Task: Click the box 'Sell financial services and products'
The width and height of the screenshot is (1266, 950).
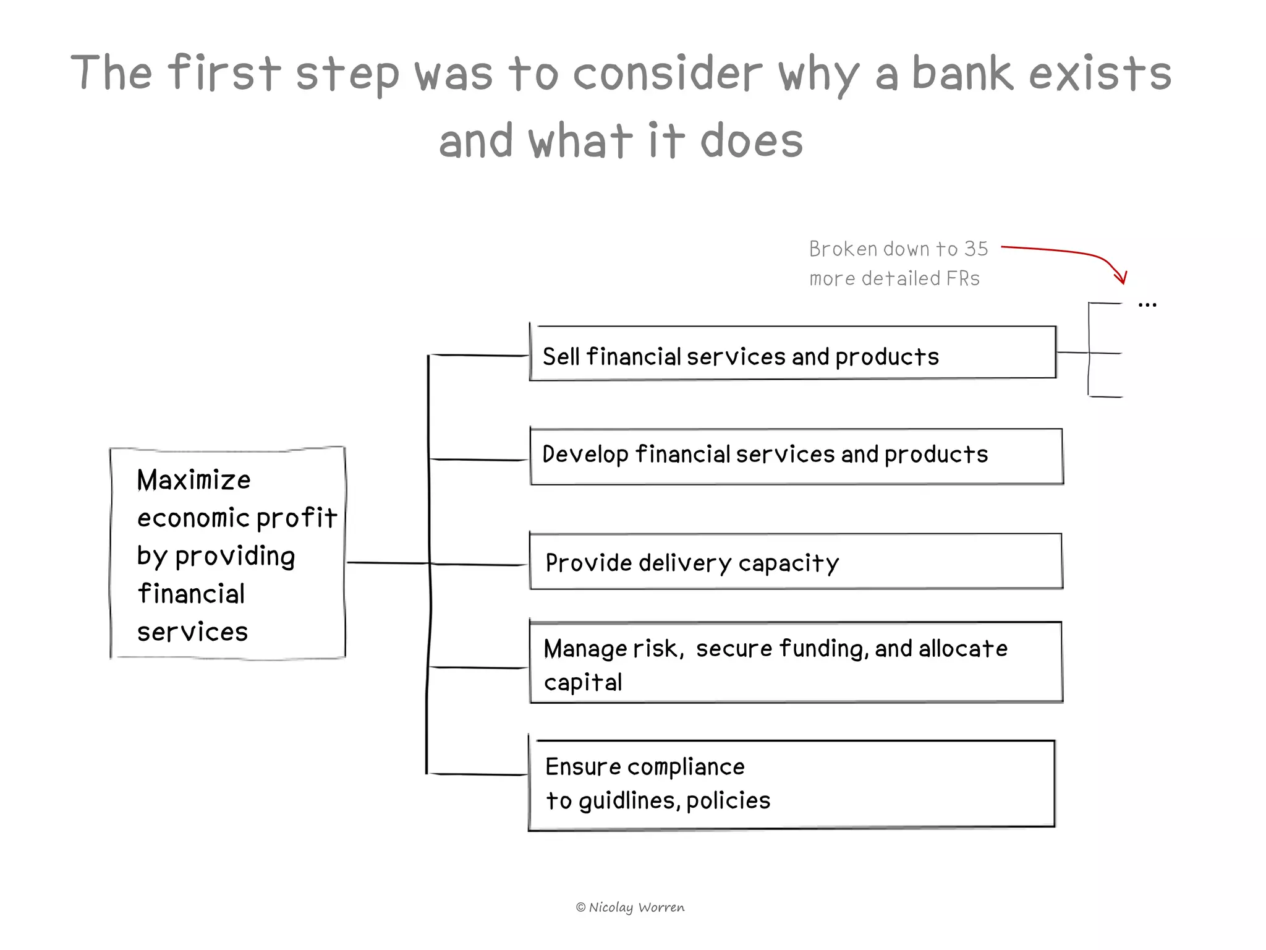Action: (792, 353)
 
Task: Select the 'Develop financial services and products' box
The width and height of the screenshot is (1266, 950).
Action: (796, 456)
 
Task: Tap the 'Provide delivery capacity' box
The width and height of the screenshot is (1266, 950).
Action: (796, 562)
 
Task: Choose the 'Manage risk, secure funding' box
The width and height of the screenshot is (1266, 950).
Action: (796, 662)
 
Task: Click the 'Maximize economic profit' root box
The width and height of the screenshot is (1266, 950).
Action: (227, 554)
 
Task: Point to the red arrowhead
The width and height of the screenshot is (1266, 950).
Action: (1122, 278)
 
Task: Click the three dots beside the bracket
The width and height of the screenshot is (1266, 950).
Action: (1147, 305)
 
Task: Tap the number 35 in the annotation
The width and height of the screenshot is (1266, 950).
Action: (976, 249)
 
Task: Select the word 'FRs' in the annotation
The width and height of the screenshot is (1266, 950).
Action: (962, 279)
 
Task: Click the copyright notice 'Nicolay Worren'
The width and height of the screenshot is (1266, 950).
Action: (631, 907)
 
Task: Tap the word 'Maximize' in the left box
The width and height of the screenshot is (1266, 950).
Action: (193, 481)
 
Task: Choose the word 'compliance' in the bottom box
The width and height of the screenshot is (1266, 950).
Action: (686, 768)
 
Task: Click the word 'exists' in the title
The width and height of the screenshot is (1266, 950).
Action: (1100, 73)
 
